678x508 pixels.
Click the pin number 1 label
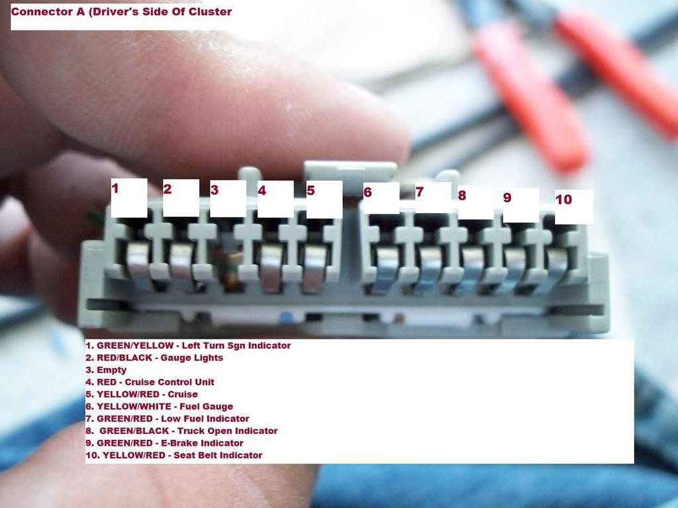coord(115,188)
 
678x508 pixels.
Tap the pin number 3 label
coord(214,190)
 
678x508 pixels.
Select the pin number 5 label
coord(311,190)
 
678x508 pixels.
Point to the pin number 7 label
coord(419,192)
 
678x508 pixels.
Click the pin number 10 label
coord(563,199)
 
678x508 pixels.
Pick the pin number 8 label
coord(462,195)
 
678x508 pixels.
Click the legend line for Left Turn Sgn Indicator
coord(188,345)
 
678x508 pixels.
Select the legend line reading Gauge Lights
coord(154,358)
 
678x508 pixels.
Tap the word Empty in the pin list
coord(111,370)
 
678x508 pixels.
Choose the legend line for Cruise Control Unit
coord(150,382)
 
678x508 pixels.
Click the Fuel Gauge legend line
coord(159,407)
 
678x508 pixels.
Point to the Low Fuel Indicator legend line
coord(168,419)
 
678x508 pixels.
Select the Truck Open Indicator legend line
coord(181,431)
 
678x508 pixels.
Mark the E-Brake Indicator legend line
coord(164,443)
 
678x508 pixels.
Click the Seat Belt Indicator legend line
coord(174,455)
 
